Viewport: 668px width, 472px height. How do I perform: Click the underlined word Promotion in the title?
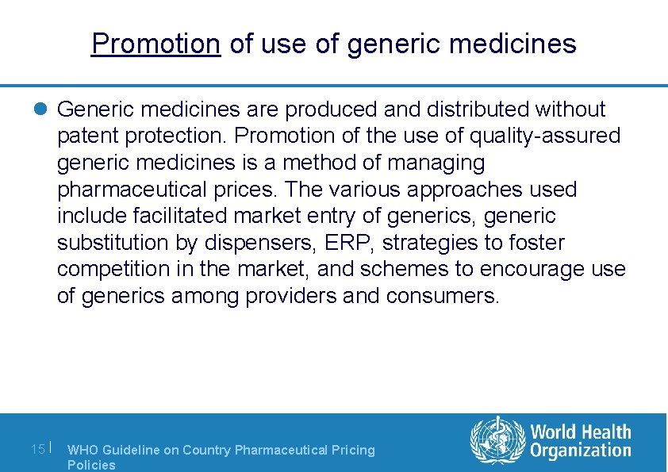point(155,43)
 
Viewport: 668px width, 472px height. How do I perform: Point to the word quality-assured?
point(545,136)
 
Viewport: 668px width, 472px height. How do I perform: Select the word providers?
point(290,297)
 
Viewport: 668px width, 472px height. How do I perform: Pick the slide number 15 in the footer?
point(37,449)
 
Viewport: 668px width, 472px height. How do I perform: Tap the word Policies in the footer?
point(91,465)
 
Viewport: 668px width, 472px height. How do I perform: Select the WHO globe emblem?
point(497,440)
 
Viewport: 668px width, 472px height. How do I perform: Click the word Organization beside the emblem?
point(581,451)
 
